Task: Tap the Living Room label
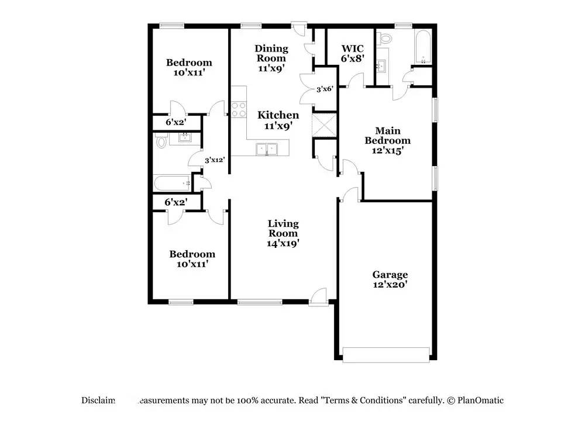pos(283,233)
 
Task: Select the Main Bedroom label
pos(387,140)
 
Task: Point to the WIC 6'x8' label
pos(353,53)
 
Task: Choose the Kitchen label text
pos(278,116)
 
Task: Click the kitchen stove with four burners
pos(239,109)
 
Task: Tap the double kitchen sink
pos(267,149)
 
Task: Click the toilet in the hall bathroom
pos(161,141)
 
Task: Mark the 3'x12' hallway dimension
pos(215,160)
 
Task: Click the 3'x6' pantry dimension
pos(325,89)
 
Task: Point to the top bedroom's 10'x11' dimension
pos(189,73)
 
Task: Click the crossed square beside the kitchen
pos(324,125)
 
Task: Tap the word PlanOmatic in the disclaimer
pos(481,400)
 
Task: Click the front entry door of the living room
pos(319,296)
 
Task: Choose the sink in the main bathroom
pos(382,65)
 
